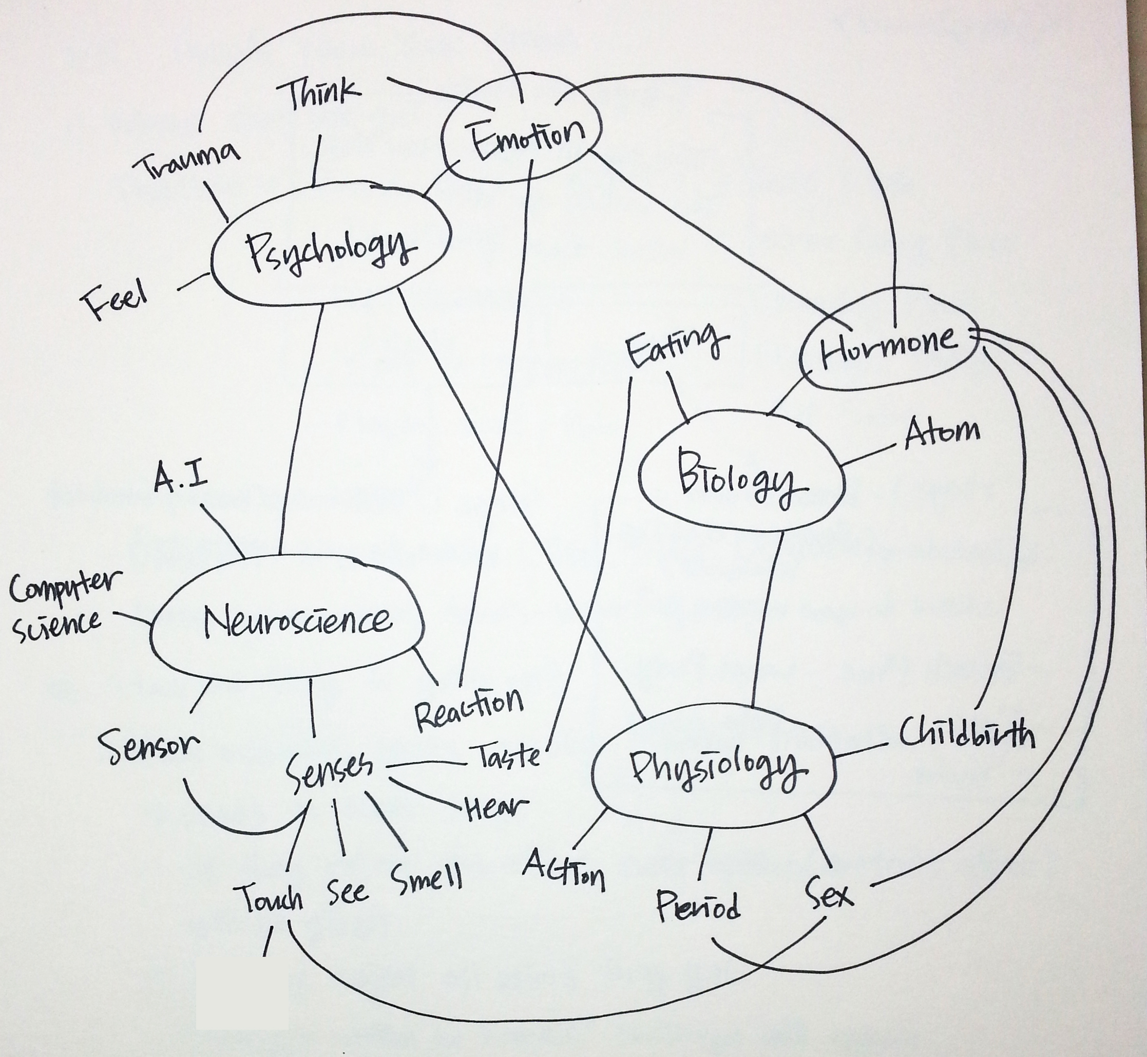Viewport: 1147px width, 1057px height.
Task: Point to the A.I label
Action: click(x=180, y=478)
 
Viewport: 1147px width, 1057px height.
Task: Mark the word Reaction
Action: click(x=469, y=709)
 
